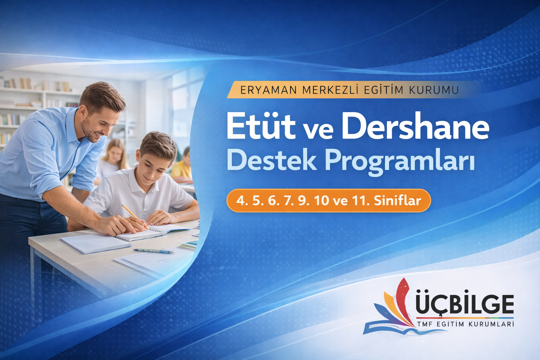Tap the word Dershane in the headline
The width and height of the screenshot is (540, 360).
click(415, 126)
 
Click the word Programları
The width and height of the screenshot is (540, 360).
click(399, 162)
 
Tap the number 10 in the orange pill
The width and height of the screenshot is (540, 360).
click(322, 201)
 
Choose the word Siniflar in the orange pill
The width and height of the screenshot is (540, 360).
click(397, 201)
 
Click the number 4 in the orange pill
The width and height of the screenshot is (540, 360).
click(240, 201)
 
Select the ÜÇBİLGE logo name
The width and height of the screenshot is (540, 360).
click(464, 304)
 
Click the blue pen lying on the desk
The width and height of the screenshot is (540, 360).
click(153, 251)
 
